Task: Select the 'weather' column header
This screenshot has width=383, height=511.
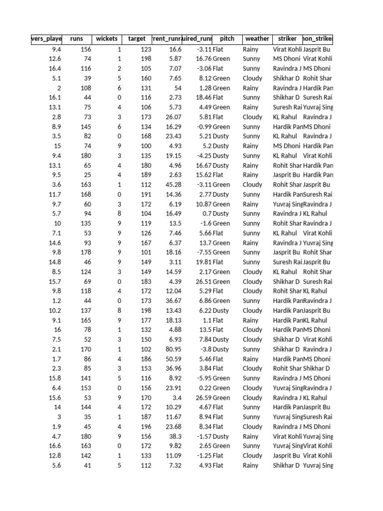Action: pos(257,39)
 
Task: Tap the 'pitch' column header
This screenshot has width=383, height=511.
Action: pos(227,39)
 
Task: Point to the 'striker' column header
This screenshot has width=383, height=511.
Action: pos(287,39)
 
